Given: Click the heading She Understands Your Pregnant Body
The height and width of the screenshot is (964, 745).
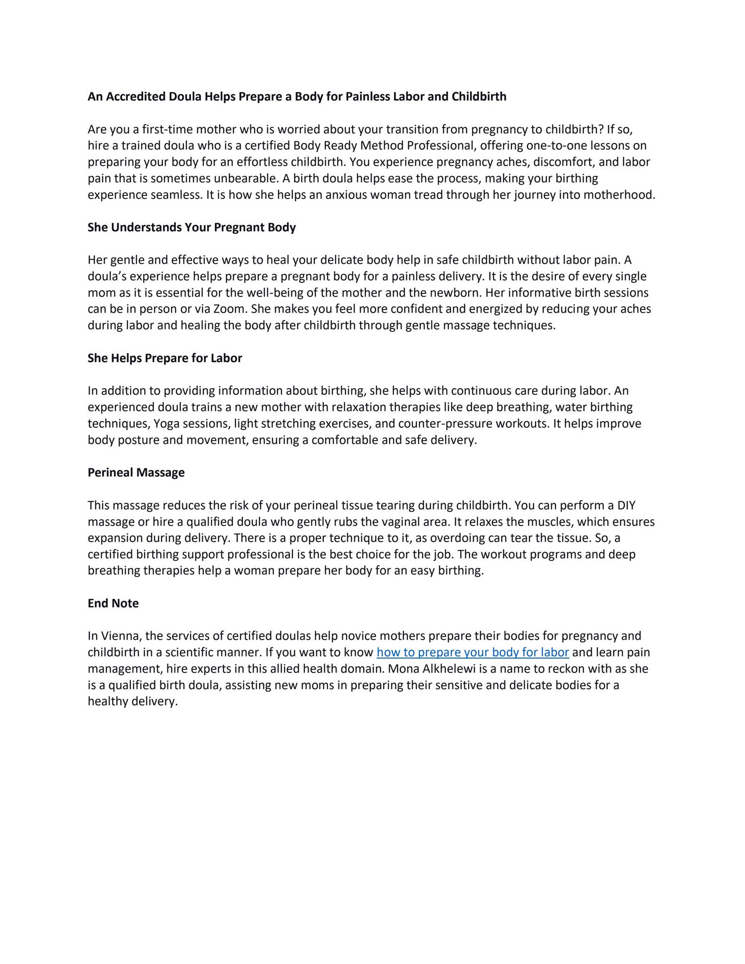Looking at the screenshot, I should (192, 227).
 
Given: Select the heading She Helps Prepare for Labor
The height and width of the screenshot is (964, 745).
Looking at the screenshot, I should (165, 358).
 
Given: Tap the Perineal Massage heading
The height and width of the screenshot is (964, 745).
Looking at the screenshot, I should (136, 473).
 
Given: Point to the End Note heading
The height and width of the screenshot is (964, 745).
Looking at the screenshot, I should (113, 603).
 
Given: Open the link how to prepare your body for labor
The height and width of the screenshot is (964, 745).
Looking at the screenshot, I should (473, 652).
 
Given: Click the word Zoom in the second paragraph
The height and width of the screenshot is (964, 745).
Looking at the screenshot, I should (230, 309).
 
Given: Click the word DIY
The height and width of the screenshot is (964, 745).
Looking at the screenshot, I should (626, 506).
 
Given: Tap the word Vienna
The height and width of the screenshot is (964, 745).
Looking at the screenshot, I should (120, 636).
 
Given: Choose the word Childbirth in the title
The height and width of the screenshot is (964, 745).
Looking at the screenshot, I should (479, 96).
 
